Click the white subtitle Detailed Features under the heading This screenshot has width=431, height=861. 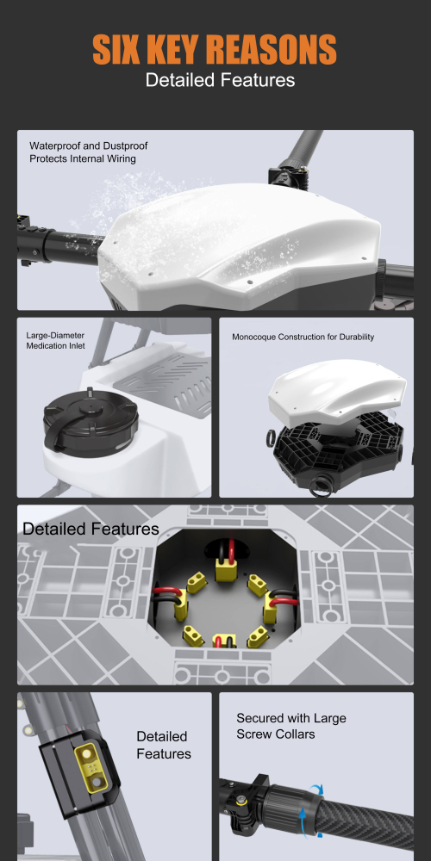[x=220, y=80]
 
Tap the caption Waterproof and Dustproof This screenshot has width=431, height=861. [x=83, y=146]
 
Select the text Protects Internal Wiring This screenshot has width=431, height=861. [x=83, y=158]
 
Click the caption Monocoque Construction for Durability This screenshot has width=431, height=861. [x=303, y=337]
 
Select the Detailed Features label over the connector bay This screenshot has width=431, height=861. [x=91, y=529]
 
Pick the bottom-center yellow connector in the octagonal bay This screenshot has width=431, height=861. [x=224, y=641]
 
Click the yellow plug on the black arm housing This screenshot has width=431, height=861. [x=89, y=768]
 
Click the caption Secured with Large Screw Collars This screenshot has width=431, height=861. [x=290, y=726]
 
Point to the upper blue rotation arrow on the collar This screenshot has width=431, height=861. [x=315, y=789]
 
